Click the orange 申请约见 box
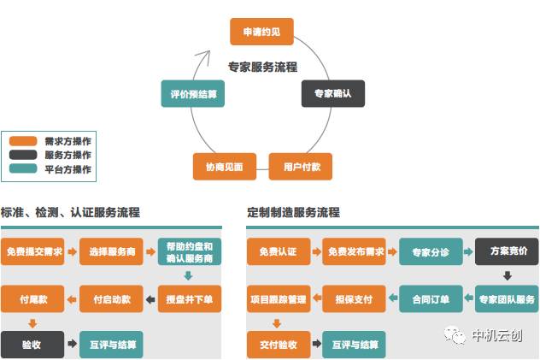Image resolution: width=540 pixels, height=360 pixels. (261, 32)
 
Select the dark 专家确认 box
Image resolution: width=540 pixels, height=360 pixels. (332, 93)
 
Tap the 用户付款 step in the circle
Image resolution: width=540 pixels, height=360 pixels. (301, 166)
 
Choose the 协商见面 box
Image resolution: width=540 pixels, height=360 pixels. (224, 166)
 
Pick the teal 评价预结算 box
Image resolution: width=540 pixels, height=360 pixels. (192, 93)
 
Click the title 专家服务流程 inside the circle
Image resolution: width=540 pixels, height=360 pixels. (262, 68)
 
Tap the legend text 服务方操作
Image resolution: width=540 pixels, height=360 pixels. (67, 155)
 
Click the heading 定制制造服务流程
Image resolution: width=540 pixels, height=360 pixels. (293, 212)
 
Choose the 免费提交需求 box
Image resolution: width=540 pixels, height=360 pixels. (32, 252)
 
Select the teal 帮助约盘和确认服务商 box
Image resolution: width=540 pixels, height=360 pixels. (190, 251)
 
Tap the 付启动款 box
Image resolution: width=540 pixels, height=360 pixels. (111, 299)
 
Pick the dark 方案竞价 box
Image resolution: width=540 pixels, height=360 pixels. (507, 252)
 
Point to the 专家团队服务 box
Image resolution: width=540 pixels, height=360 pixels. (507, 299)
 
